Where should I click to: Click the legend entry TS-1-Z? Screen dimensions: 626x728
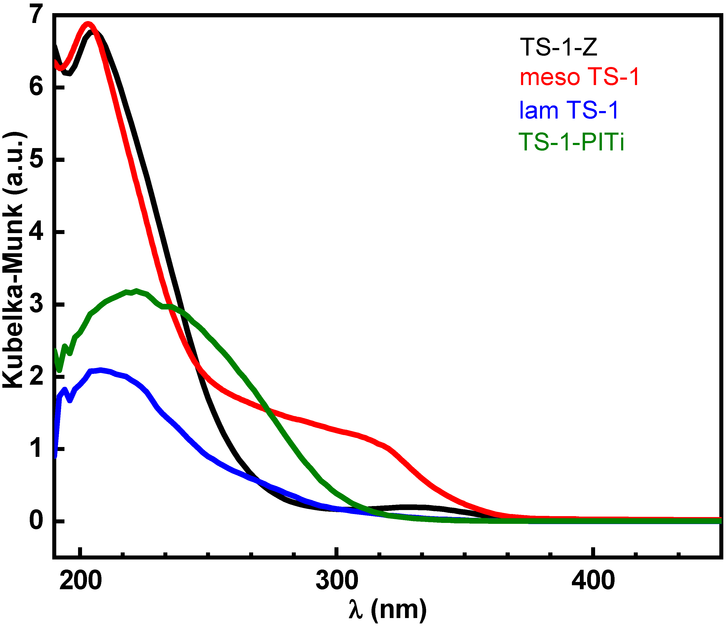(559, 47)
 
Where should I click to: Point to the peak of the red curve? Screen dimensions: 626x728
(88, 24)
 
